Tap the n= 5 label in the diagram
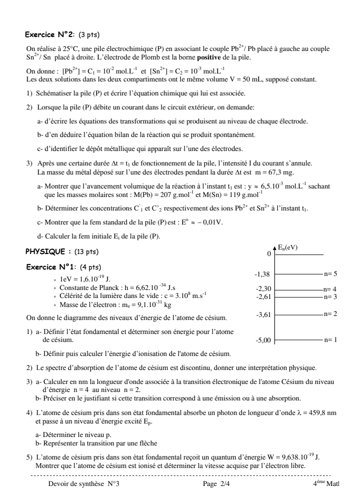click(330, 273)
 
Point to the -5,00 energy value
click(263, 340)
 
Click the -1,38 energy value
click(263, 274)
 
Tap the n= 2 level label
click(330, 313)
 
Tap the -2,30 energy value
click(263, 289)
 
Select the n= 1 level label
click(330, 339)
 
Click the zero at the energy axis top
click(268, 254)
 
